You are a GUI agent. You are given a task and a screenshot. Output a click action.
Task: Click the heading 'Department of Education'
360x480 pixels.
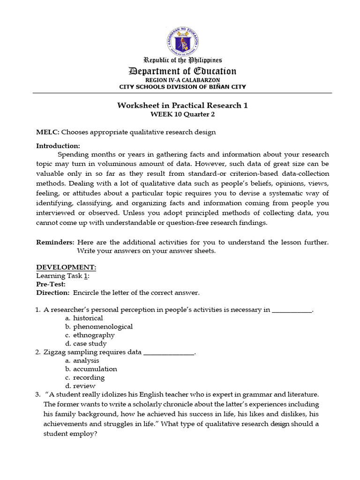pyautogui.click(x=182, y=71)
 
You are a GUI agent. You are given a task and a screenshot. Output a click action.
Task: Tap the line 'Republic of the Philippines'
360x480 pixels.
pyautogui.click(x=182, y=60)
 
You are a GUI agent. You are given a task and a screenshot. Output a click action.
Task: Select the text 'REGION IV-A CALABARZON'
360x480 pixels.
pyautogui.click(x=182, y=80)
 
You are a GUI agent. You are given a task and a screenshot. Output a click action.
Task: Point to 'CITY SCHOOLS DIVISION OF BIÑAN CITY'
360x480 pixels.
pyautogui.click(x=182, y=87)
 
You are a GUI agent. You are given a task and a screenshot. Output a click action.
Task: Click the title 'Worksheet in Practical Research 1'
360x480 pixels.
pyautogui.click(x=182, y=105)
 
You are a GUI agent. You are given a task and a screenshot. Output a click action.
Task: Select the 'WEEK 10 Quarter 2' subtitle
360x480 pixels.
pyautogui.click(x=182, y=114)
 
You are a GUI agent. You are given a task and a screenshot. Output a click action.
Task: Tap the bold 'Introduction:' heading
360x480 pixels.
pyautogui.click(x=58, y=146)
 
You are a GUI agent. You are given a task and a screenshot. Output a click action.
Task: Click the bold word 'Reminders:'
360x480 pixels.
pyautogui.click(x=55, y=242)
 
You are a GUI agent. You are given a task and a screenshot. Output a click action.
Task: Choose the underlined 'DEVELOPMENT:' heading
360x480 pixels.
pyautogui.click(x=66, y=267)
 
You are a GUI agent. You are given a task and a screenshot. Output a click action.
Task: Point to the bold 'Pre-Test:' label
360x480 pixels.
pyautogui.click(x=51, y=284)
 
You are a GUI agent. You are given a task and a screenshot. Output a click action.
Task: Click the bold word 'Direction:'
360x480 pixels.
pyautogui.click(x=53, y=293)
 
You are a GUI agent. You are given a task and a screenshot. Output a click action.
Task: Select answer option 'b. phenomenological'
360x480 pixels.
pyautogui.click(x=99, y=327)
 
